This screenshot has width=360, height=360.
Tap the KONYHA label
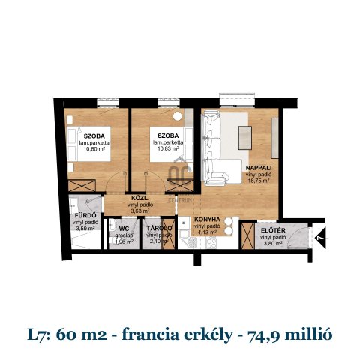click(205, 220)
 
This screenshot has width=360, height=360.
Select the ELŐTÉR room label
click(273, 230)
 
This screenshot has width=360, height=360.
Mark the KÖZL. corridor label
click(139, 199)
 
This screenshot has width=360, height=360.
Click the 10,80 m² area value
click(93, 149)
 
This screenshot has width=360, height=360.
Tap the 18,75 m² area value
click(259, 181)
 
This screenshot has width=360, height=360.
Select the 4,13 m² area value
click(206, 232)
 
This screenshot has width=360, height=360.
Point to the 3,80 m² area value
click(271, 244)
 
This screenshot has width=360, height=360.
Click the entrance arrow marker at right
click(319, 239)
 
